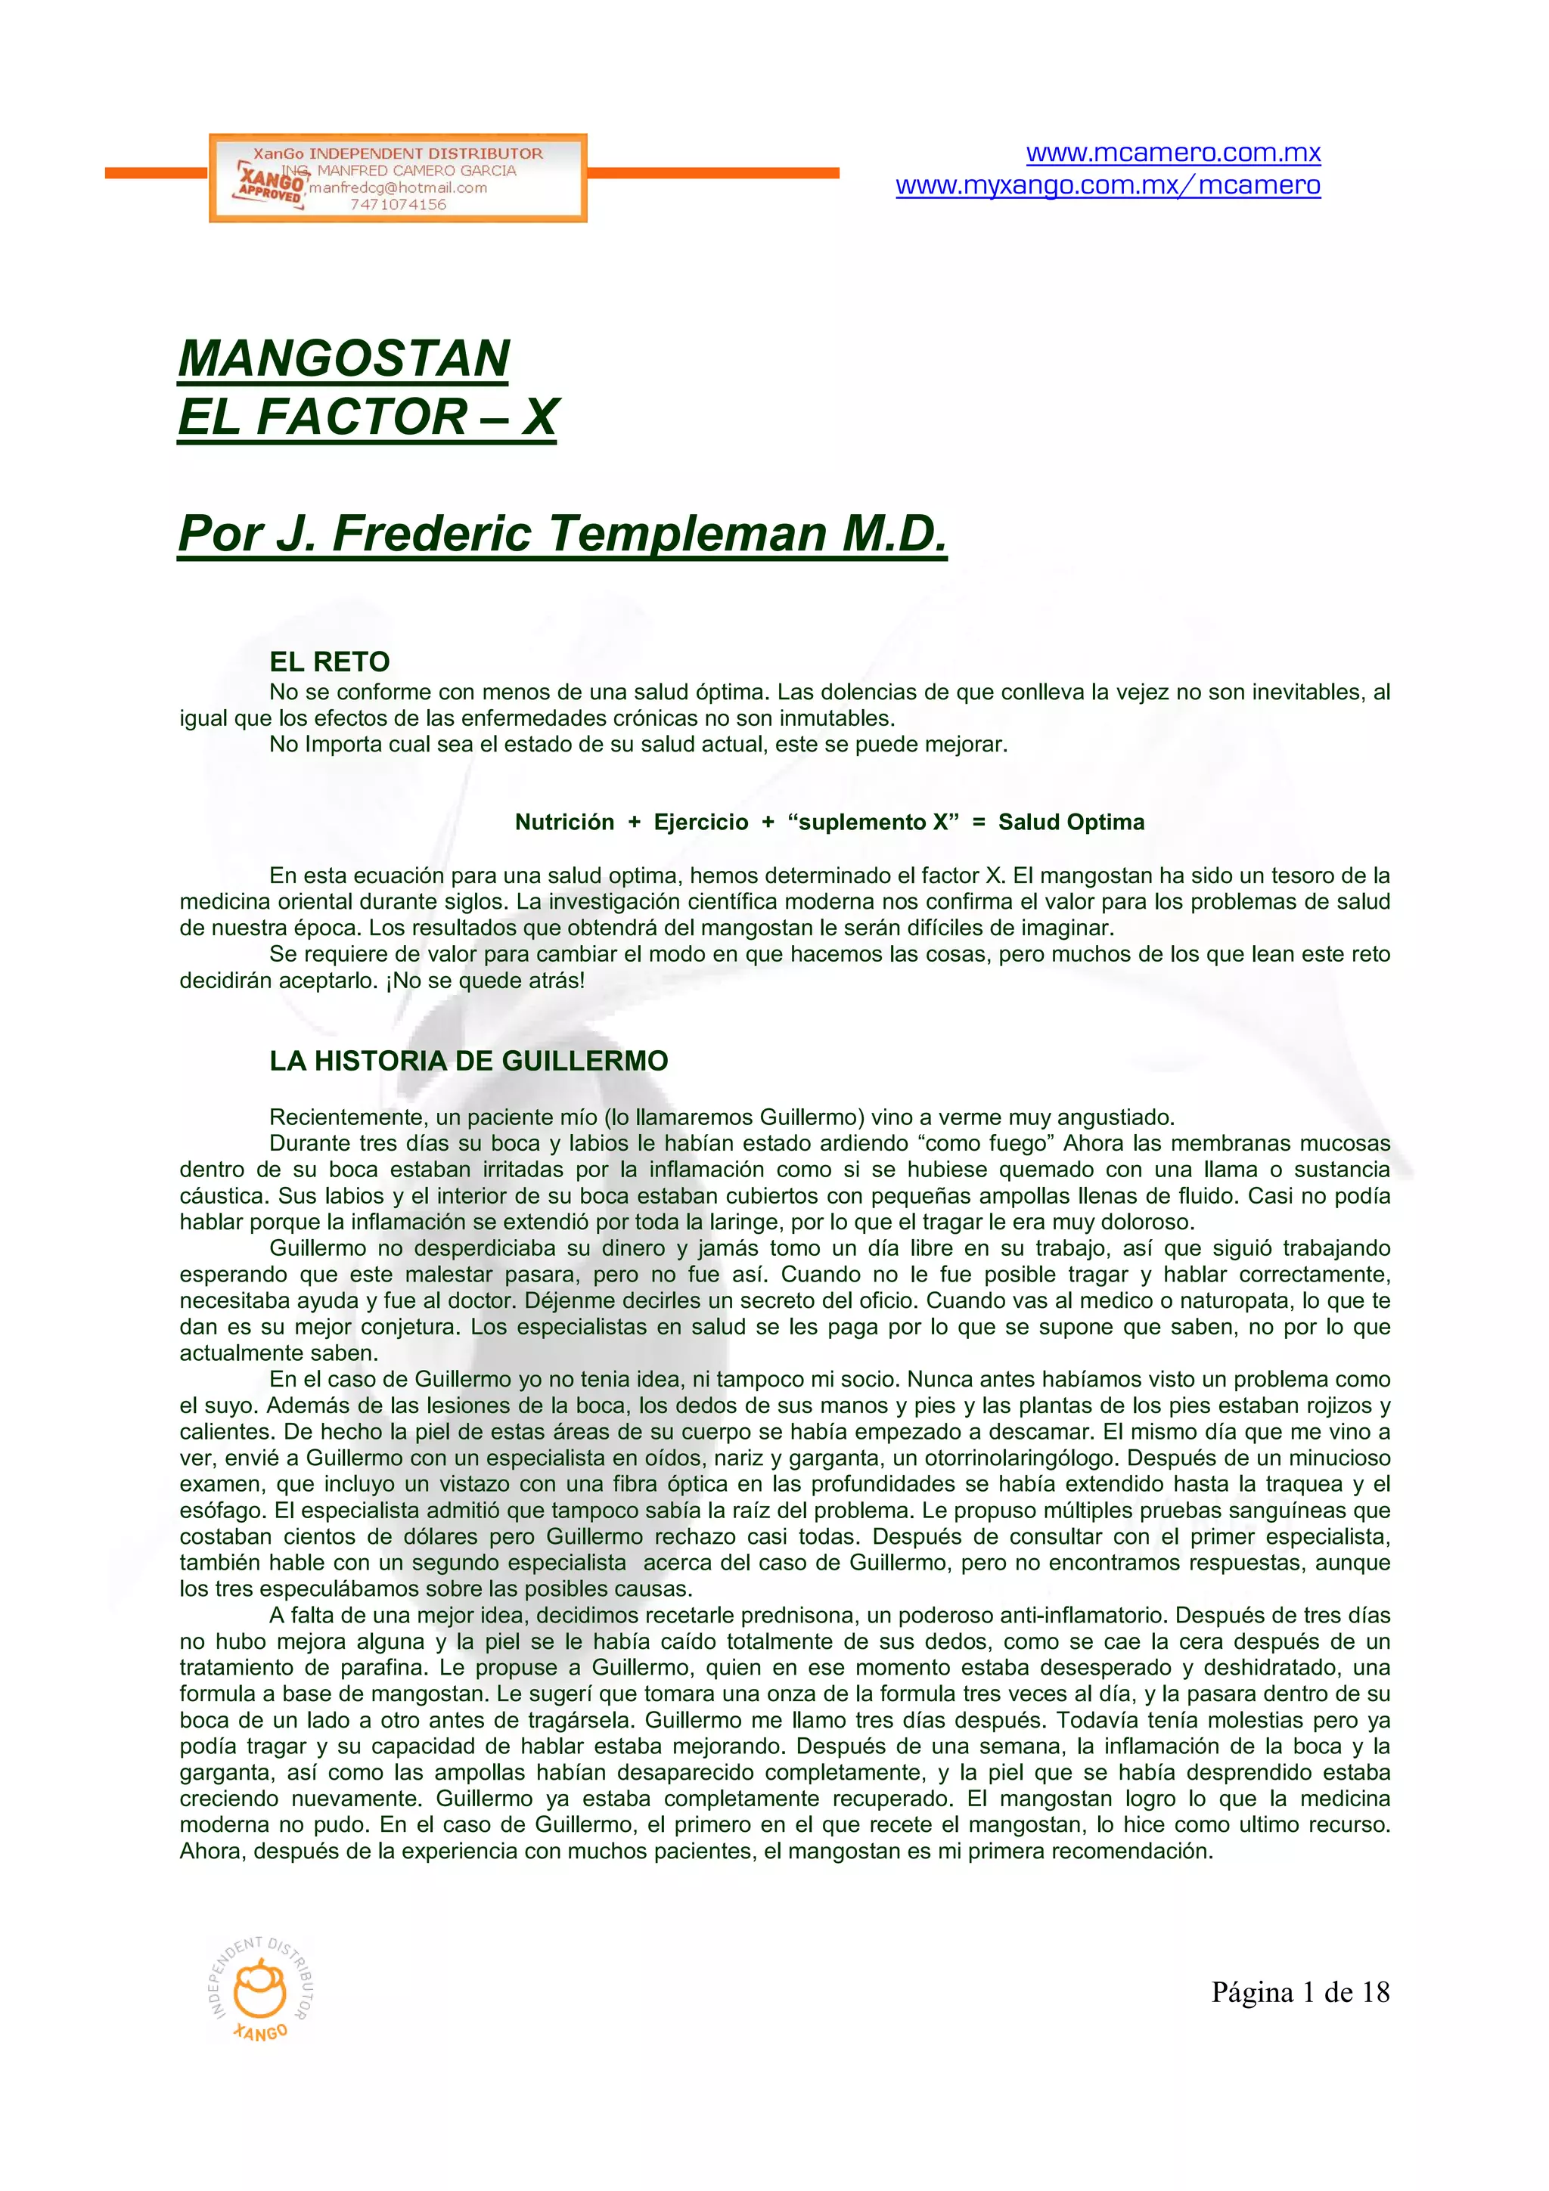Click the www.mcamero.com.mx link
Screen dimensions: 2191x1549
pyautogui.click(x=1173, y=153)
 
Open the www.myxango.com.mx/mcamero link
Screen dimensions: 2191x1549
pyautogui.click(x=1108, y=185)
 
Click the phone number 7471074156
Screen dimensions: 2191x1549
pyautogui.click(x=398, y=204)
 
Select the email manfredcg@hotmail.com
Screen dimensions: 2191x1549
pyautogui.click(x=398, y=188)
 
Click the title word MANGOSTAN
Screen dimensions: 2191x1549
pyautogui.click(x=343, y=359)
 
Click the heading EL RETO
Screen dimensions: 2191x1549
pyautogui.click(x=329, y=662)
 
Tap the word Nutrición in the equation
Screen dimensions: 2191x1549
pyautogui.click(x=564, y=822)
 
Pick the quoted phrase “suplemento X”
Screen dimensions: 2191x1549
pyautogui.click(x=872, y=822)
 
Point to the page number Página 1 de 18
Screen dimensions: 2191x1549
pyautogui.click(x=1300, y=1992)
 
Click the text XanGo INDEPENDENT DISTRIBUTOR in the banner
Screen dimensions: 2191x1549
pyautogui.click(x=398, y=153)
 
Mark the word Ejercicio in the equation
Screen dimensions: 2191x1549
pyautogui.click(x=700, y=822)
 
